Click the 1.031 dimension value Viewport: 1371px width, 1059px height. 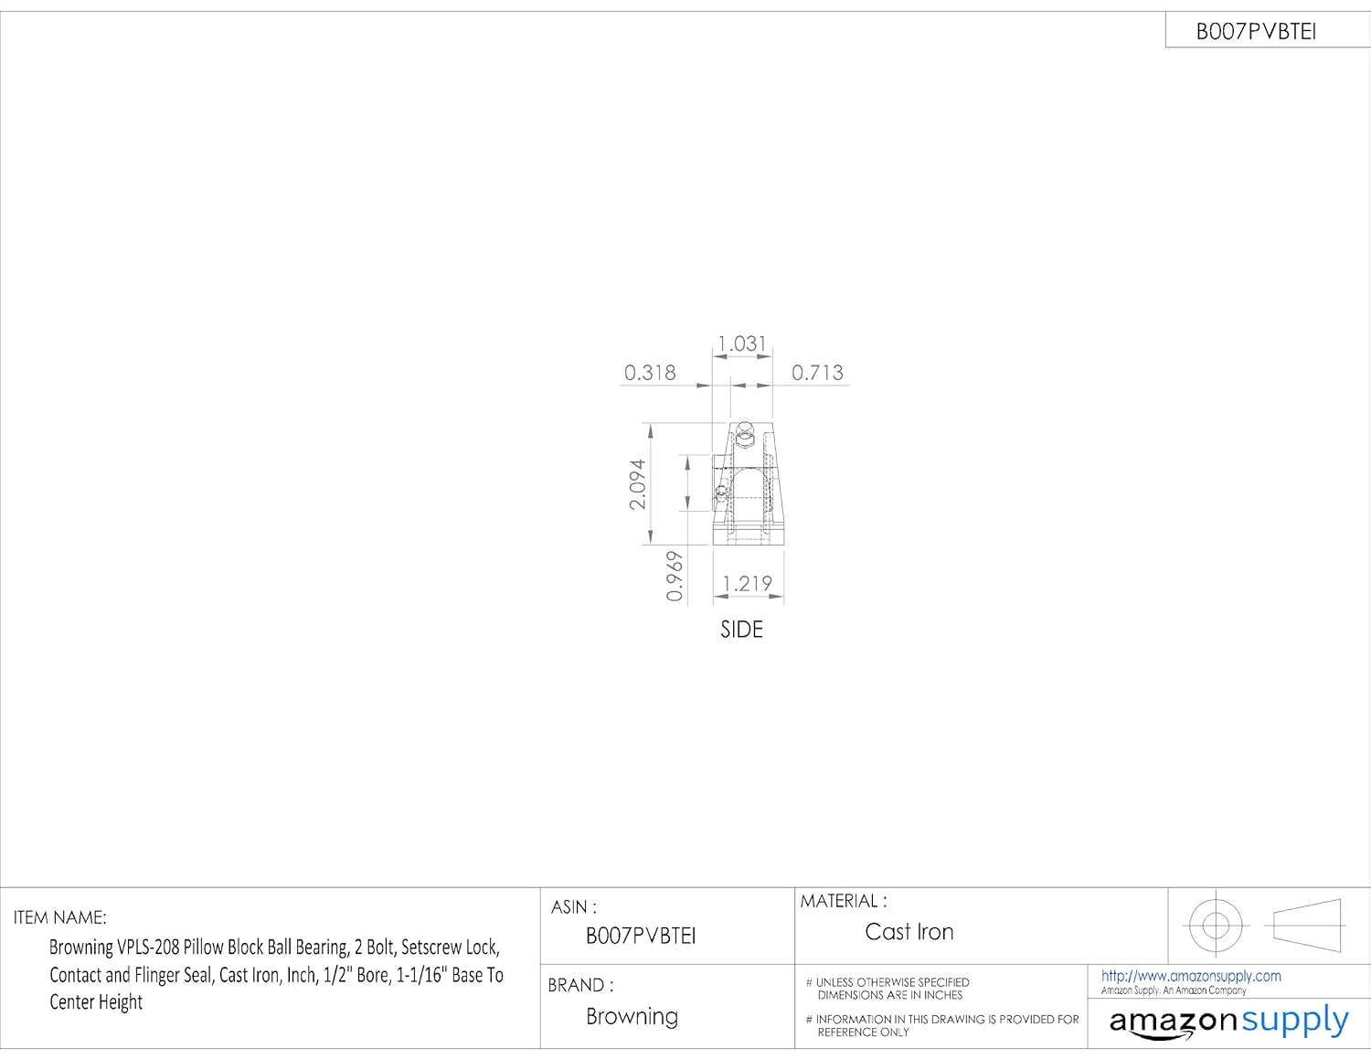pyautogui.click(x=741, y=344)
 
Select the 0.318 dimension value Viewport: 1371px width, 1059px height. pyautogui.click(x=650, y=373)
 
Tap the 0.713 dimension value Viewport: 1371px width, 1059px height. pyautogui.click(x=817, y=373)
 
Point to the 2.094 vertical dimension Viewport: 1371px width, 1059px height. pyautogui.click(x=637, y=484)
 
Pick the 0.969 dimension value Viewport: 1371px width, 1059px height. pyautogui.click(x=675, y=576)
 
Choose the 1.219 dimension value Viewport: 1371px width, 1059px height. pyautogui.click(x=747, y=584)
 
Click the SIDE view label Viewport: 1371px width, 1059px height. pyautogui.click(x=741, y=630)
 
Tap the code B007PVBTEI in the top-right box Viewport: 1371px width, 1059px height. pyautogui.click(x=1256, y=32)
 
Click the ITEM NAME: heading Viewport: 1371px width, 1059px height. pyautogui.click(x=59, y=917)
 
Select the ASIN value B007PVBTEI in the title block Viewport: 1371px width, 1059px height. pyautogui.click(x=641, y=936)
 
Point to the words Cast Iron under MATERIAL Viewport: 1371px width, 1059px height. pyautogui.click(x=909, y=932)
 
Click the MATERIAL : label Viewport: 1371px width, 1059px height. pyautogui.click(x=843, y=901)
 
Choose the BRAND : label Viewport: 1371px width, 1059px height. pyautogui.click(x=580, y=985)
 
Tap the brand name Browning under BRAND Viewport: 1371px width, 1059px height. pyautogui.click(x=632, y=1017)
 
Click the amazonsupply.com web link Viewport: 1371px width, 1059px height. pyautogui.click(x=1191, y=976)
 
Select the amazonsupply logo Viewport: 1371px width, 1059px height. pyautogui.click(x=1228, y=1022)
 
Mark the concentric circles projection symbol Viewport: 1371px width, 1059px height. pyautogui.click(x=1216, y=925)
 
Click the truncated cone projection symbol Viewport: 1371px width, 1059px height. pyautogui.click(x=1307, y=925)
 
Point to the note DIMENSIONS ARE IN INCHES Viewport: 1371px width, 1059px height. pyautogui.click(x=889, y=995)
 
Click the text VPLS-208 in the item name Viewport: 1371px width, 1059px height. pyautogui.click(x=148, y=948)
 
